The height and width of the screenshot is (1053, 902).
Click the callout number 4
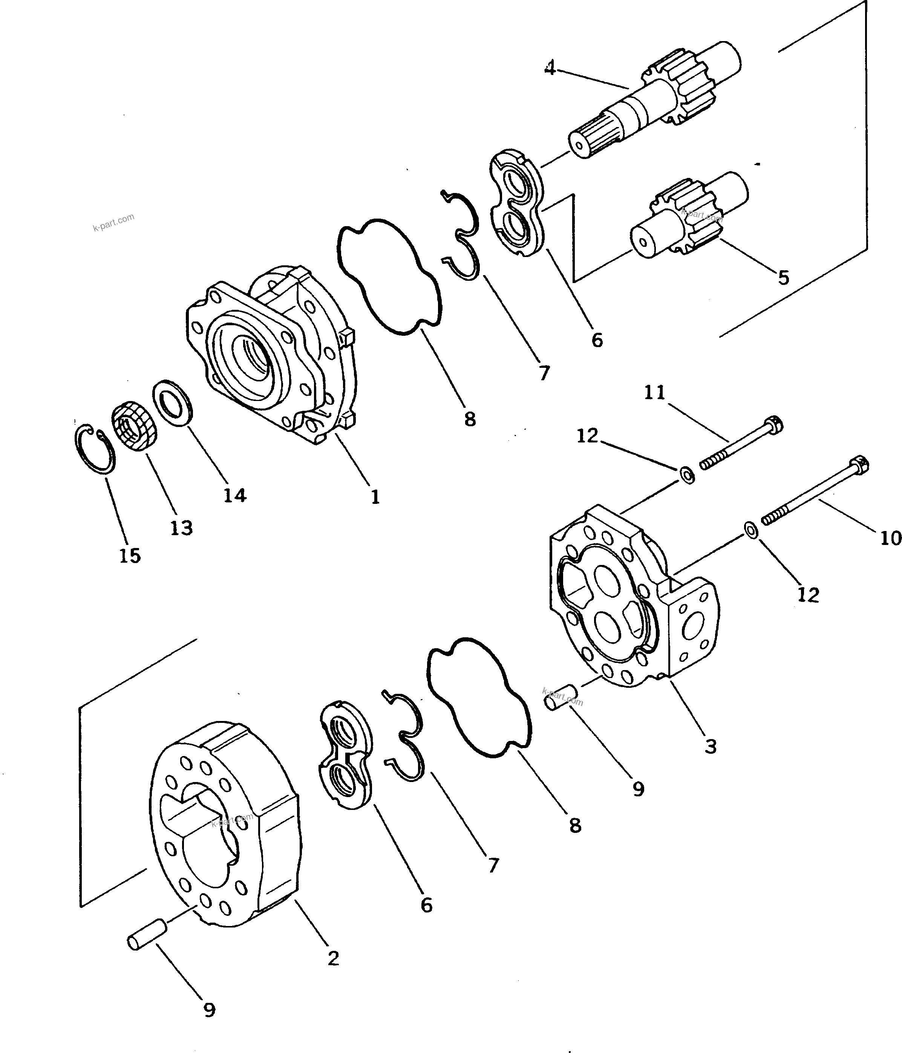[x=550, y=67]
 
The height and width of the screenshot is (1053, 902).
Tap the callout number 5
[x=784, y=277]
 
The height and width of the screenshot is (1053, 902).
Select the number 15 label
[x=130, y=556]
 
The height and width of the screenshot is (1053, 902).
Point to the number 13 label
[x=181, y=528]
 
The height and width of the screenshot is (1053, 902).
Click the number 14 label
[x=235, y=494]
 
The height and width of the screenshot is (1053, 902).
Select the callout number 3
[x=711, y=746]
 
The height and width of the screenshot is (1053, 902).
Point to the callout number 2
[x=333, y=958]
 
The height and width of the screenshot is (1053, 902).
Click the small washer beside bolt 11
[x=688, y=476]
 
